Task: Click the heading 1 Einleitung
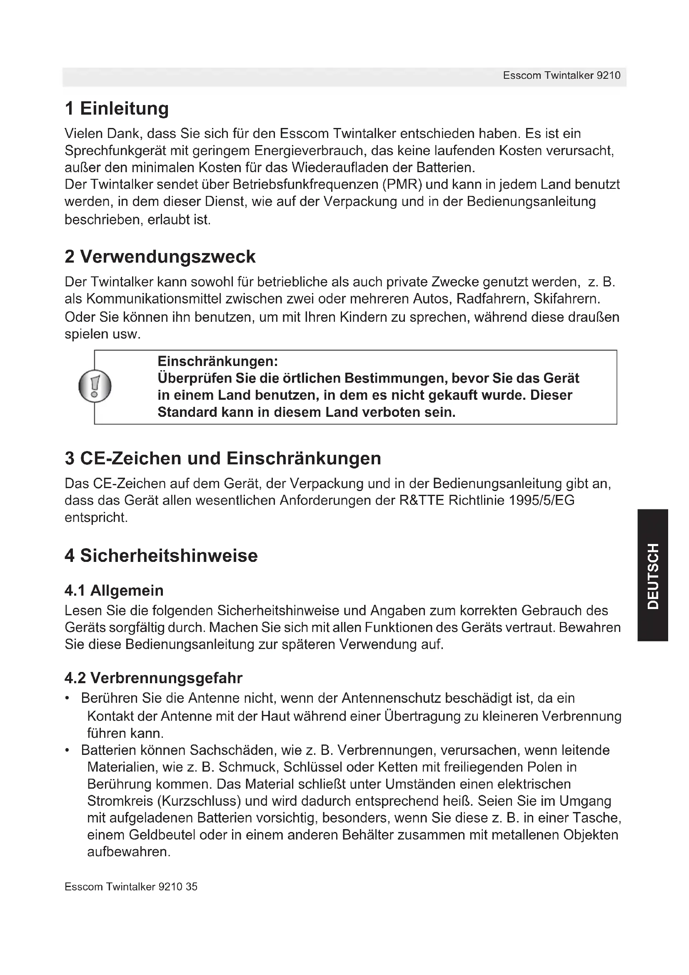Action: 117,108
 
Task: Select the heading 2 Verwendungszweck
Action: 160,256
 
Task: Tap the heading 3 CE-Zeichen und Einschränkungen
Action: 223,458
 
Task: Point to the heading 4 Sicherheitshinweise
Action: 161,555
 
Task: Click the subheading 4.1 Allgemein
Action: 114,590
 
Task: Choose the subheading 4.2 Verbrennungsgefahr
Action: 153,678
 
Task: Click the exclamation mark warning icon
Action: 95,386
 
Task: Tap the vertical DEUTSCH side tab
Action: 653,576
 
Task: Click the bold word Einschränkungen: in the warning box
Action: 217,361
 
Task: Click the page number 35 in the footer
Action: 191,887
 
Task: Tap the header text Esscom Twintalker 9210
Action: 561,75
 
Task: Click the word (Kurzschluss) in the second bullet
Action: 199,801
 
